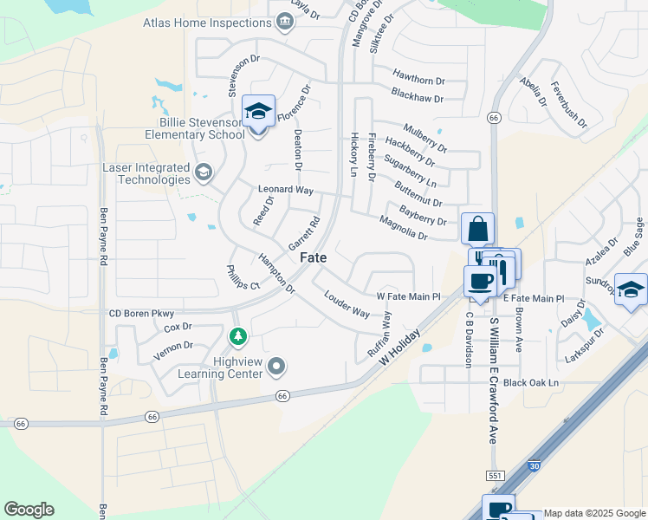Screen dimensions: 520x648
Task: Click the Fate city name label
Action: point(314,258)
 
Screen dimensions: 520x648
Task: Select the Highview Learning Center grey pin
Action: point(276,367)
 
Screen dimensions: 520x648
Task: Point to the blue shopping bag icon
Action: point(477,231)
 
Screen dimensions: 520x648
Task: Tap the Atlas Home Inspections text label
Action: point(208,23)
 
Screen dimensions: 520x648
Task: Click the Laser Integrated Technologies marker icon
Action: point(204,172)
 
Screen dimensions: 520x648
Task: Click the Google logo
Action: point(29,510)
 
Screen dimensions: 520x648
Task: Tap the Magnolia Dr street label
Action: point(404,229)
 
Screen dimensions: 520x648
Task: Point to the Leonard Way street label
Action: point(285,189)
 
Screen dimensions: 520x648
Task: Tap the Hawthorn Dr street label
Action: point(418,75)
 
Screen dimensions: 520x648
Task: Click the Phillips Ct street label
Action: point(243,278)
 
